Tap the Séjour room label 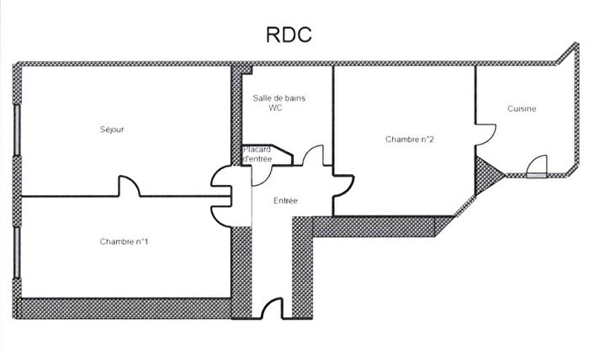click(x=124, y=129)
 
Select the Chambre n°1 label click(x=125, y=242)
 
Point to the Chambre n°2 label click(x=410, y=139)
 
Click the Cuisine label click(x=522, y=109)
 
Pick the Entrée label click(x=286, y=200)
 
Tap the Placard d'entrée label click(x=257, y=154)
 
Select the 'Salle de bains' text click(x=279, y=98)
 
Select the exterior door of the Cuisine click(x=536, y=167)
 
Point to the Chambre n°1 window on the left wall click(x=17, y=249)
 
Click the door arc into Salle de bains click(x=313, y=156)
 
